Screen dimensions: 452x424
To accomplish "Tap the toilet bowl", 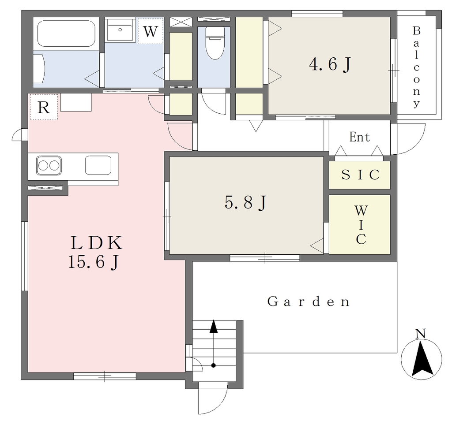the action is coord(215,44).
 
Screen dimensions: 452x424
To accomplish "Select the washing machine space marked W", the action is coord(151,31).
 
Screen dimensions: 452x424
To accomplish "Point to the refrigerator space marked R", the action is coord(44,107).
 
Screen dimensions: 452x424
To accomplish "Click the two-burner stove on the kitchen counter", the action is coord(49,166).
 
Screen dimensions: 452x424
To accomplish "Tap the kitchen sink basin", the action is coord(98,165).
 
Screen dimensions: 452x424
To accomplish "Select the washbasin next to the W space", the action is coord(120,30).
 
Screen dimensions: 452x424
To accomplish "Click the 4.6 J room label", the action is coord(330,64).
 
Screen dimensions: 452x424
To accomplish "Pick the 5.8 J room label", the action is coord(245,202).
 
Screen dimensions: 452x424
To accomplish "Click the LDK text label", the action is coord(97,243).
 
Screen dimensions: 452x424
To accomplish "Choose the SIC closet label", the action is coord(360,175).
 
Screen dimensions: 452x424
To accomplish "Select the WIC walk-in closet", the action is coord(360,224).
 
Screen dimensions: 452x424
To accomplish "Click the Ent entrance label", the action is coord(359,137).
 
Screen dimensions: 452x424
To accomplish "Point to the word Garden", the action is coord(309,301).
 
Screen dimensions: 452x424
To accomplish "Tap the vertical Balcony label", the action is coord(416,67).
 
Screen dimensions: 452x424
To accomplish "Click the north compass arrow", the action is coord(422,358).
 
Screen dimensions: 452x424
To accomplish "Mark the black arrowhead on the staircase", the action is coord(213,326).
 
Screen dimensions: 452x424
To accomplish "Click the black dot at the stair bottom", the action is coord(213,365).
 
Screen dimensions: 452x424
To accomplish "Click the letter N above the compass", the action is coord(421,334).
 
